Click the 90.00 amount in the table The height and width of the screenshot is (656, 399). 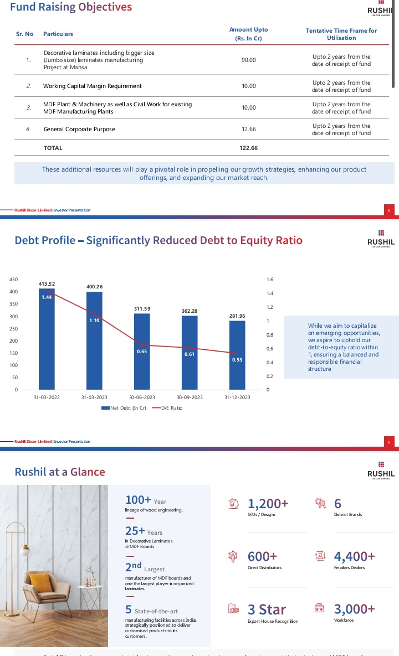pos(249,60)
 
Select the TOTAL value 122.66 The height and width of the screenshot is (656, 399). pos(249,148)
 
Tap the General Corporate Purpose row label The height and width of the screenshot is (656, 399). pos(79,129)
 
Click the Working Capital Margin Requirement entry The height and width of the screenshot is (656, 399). pos(93,86)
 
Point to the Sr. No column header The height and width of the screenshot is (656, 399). pos(24,34)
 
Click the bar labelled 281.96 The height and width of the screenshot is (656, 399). pos(237,355)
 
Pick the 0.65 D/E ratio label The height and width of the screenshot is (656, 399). pos(141,352)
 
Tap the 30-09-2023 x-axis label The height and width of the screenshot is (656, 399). pos(190,397)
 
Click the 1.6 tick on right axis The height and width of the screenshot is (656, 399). pos(270,280)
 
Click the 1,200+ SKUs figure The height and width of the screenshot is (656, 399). pos(268,503)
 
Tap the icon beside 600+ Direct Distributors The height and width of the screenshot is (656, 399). pos(233,556)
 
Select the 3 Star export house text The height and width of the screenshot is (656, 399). pos(267,609)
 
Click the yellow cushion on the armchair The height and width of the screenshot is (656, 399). pos(40,582)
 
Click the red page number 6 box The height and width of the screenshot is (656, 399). pos(389,442)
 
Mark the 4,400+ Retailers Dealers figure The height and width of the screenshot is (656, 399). pos(354,556)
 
